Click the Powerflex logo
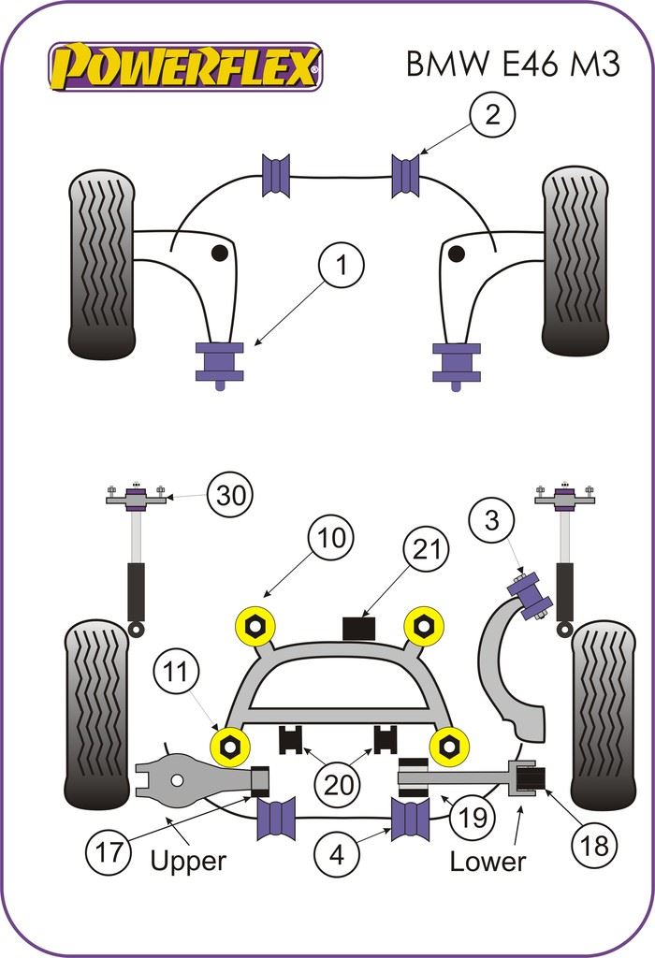point(185,66)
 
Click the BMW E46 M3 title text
point(512,64)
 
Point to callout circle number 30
point(230,496)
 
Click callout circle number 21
point(426,551)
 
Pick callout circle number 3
point(493,520)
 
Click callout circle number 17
point(109,852)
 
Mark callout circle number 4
point(337,853)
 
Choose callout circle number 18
point(593,846)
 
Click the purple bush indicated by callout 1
point(219,361)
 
